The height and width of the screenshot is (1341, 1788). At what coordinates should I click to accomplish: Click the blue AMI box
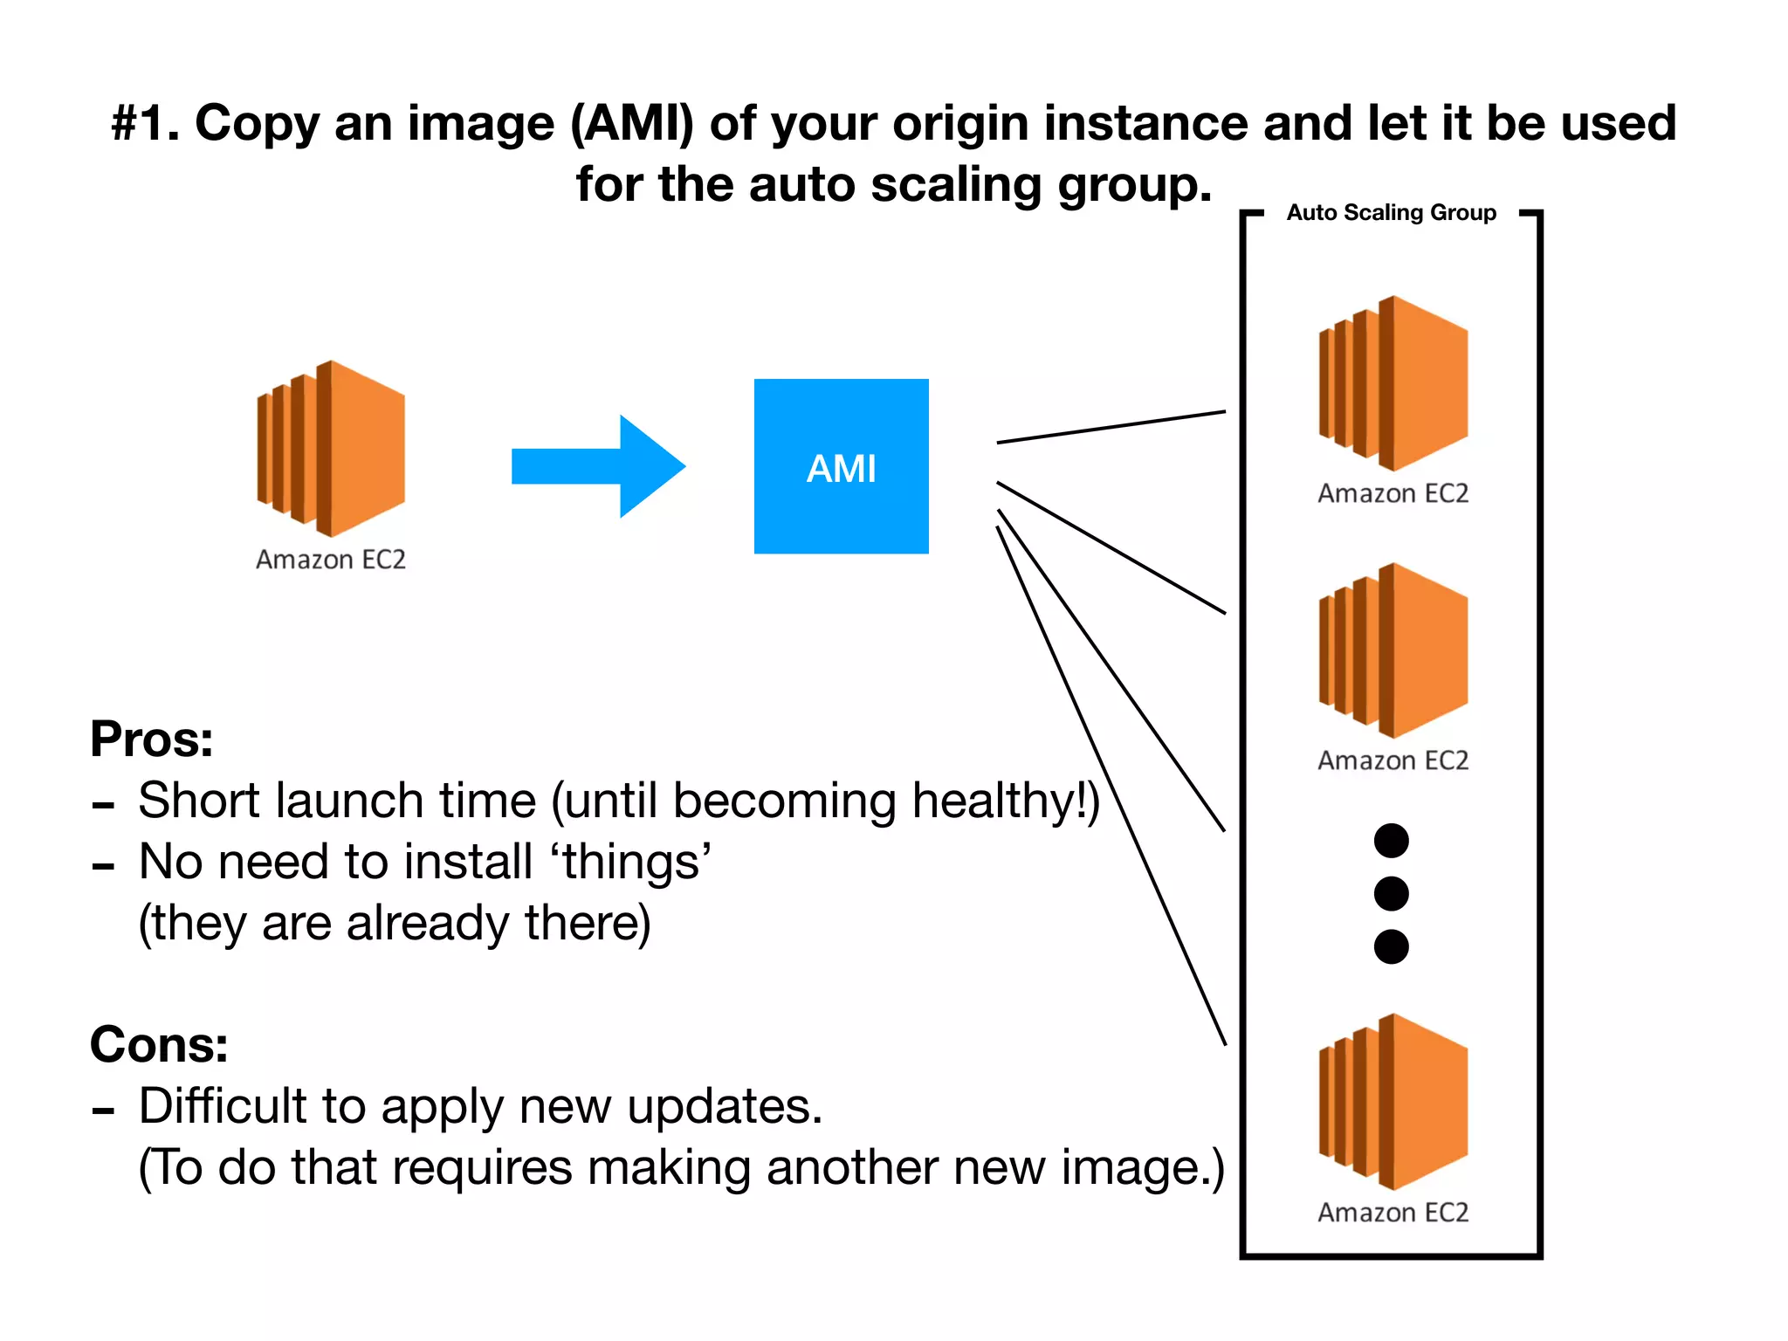click(x=841, y=466)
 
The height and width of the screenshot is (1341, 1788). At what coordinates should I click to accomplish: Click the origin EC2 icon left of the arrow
click(x=331, y=448)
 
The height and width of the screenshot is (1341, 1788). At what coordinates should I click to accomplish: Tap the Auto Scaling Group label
click(x=1391, y=213)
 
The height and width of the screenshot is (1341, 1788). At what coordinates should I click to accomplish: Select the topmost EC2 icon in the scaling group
click(x=1393, y=383)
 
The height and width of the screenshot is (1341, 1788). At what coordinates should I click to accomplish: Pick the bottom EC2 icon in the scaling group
click(x=1393, y=1101)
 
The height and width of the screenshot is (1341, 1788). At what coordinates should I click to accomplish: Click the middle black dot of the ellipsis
click(x=1391, y=894)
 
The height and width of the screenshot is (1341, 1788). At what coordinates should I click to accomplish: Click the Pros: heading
click(x=152, y=739)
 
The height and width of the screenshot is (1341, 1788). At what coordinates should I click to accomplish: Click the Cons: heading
click(x=159, y=1044)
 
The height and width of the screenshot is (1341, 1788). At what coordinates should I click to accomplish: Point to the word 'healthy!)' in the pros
click(x=1005, y=801)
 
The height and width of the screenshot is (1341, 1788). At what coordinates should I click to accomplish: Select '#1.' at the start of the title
click(x=145, y=123)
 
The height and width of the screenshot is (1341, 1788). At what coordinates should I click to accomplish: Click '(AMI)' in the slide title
click(x=632, y=123)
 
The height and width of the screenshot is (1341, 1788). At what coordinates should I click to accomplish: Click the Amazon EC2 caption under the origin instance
click(x=331, y=560)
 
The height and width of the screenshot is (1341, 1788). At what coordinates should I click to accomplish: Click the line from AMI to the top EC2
click(x=1111, y=427)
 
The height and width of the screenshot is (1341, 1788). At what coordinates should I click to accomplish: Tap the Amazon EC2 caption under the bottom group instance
click(x=1393, y=1213)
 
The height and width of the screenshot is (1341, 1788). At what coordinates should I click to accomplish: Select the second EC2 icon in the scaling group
click(x=1393, y=650)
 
